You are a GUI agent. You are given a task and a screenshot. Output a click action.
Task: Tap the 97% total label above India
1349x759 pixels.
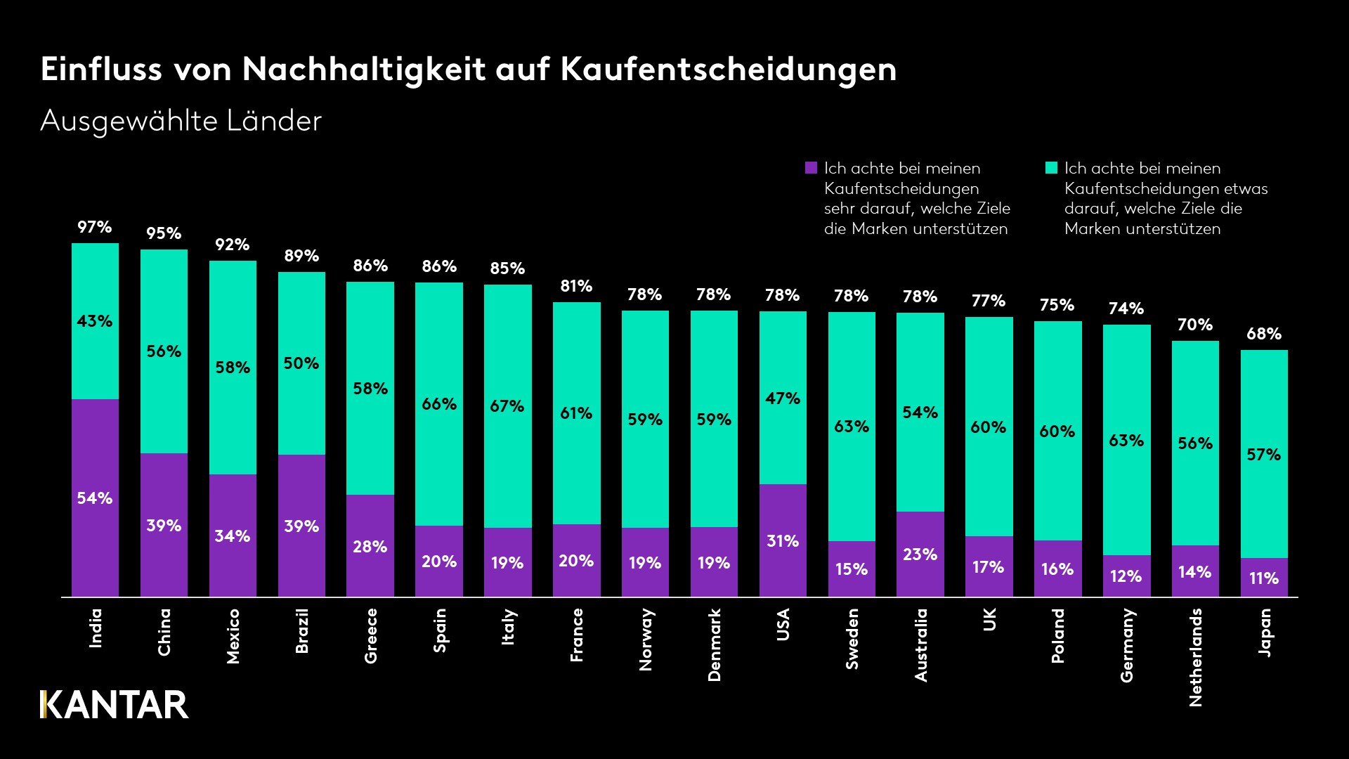point(95,227)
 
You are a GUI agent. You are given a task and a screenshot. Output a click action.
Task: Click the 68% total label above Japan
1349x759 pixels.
point(1264,334)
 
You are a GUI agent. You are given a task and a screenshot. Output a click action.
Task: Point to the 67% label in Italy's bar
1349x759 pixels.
point(507,406)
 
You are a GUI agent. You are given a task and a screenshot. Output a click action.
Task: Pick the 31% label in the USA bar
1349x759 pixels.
point(783,541)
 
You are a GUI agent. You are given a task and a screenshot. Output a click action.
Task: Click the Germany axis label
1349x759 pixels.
point(1126,645)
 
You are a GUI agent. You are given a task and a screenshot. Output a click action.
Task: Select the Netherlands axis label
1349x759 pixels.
point(1195,657)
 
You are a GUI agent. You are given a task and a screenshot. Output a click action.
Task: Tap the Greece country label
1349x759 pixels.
point(370,635)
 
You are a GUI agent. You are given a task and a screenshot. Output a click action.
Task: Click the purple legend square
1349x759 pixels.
point(811,168)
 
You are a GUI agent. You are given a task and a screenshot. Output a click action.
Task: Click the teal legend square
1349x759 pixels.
point(1051,168)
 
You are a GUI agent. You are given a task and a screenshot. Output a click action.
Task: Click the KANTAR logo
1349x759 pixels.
point(115,705)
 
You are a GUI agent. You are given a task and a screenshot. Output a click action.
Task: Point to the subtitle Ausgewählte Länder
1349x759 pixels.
point(181,121)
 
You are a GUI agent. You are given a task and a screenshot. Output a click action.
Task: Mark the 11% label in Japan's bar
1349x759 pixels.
point(1264,578)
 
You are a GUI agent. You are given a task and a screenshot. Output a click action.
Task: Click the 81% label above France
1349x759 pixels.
point(576,286)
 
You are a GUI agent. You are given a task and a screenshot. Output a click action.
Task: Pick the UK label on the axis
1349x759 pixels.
point(989,619)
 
